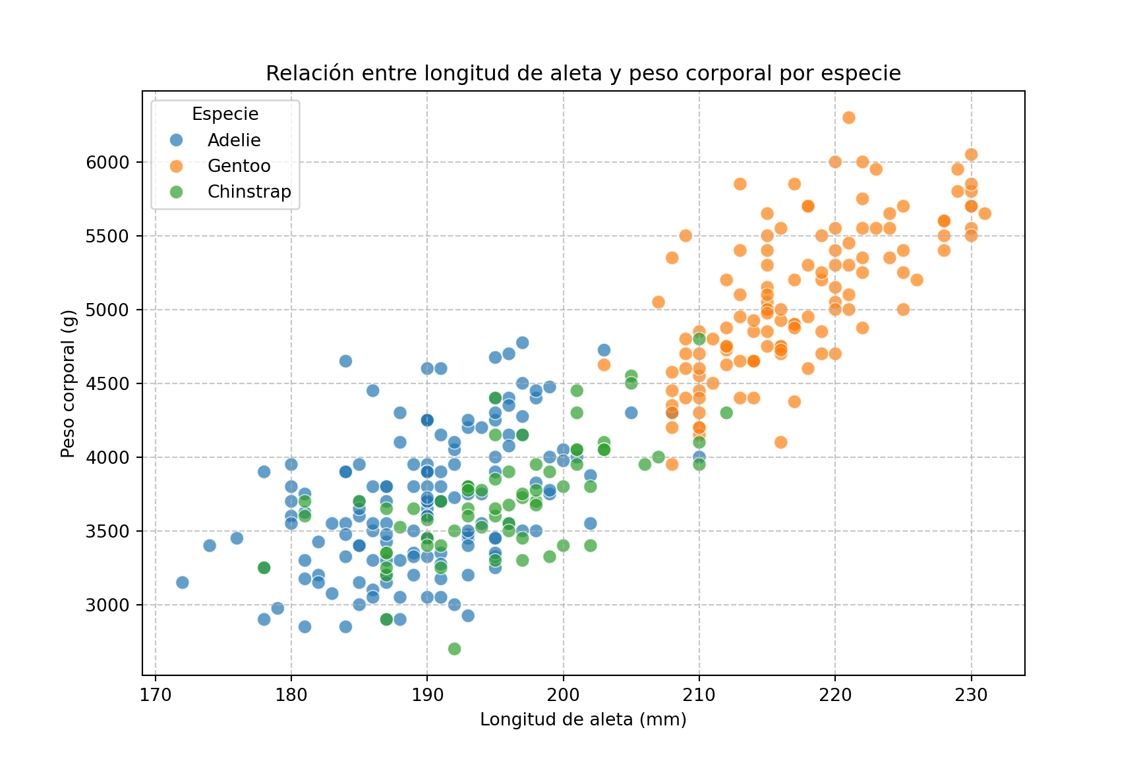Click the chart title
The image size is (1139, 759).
click(583, 73)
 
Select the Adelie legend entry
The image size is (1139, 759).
click(234, 140)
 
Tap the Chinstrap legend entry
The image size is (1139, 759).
click(249, 192)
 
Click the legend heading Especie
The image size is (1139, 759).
click(225, 114)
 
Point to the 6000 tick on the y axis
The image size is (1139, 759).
click(107, 162)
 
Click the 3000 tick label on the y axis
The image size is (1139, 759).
click(107, 605)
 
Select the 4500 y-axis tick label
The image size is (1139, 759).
click(107, 383)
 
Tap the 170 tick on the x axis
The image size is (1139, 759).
click(156, 696)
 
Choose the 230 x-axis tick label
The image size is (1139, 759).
click(971, 696)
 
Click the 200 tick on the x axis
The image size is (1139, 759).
click(564, 696)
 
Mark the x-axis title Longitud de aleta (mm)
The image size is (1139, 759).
click(583, 719)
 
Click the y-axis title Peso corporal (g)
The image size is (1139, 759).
click(68, 383)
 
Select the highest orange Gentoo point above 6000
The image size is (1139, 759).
click(849, 118)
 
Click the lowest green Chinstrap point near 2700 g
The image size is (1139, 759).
click(454, 649)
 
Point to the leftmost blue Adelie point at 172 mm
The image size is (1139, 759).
click(183, 582)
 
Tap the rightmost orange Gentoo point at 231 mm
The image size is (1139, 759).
click(985, 213)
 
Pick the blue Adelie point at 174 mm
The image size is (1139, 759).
click(210, 546)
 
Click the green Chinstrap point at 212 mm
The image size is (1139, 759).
click(726, 413)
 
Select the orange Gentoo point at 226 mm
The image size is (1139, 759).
click(917, 280)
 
